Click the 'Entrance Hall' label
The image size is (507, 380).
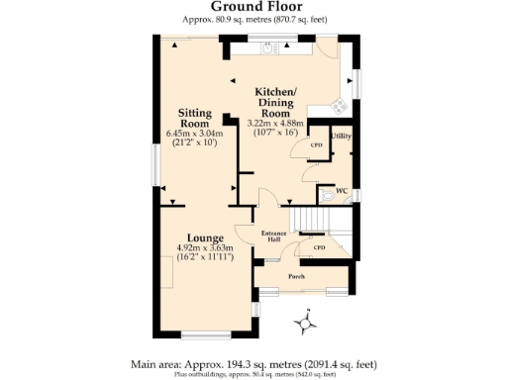(273, 235)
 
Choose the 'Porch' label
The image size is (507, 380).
(296, 276)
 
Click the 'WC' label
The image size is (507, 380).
(341, 190)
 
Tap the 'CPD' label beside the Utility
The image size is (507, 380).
(317, 145)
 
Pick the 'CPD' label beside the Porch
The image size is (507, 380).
(319, 247)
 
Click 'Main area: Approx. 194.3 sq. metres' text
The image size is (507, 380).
(253, 363)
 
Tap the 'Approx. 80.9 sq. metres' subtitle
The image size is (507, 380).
(253, 19)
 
